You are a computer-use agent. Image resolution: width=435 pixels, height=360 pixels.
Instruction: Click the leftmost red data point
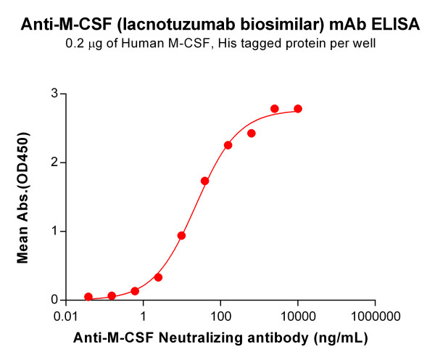coord(88,297)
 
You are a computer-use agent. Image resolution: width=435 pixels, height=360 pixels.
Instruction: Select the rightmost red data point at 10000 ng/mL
coord(298,109)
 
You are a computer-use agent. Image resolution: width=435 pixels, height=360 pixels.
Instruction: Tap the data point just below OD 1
coord(181,236)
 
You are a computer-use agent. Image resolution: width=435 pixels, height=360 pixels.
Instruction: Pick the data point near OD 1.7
coord(205,181)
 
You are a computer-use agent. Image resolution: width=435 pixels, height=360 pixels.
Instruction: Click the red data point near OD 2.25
coord(228,145)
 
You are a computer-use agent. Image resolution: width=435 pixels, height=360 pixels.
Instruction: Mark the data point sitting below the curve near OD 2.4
coord(252,134)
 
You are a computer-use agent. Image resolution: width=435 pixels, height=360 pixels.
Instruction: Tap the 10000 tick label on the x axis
coord(298,317)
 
